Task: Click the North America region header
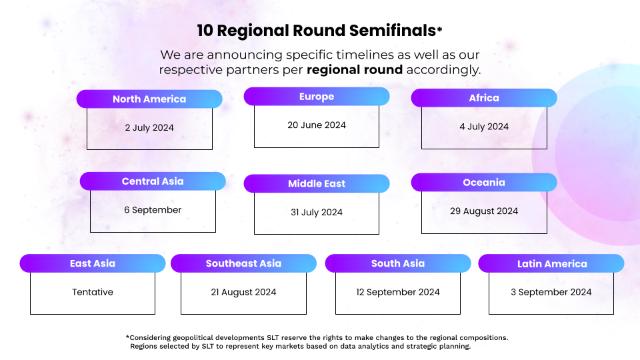pos(149,99)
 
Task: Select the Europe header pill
pos(317,97)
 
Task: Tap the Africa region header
pos(484,98)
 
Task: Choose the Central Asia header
pos(153,181)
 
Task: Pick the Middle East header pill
pos(317,184)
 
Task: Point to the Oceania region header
pos(484,183)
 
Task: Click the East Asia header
pos(93,263)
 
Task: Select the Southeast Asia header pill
pos(244,263)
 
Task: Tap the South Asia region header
pos(398,263)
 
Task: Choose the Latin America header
pos(551,264)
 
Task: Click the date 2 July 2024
pos(149,128)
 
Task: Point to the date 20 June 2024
pos(317,125)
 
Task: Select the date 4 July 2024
pos(484,127)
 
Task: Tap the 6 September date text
pos(153,210)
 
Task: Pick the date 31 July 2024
pos(317,212)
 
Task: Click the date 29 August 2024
pos(484,211)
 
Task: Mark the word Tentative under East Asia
pos(93,292)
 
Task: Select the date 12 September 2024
pos(398,292)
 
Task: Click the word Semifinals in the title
pos(393,31)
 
